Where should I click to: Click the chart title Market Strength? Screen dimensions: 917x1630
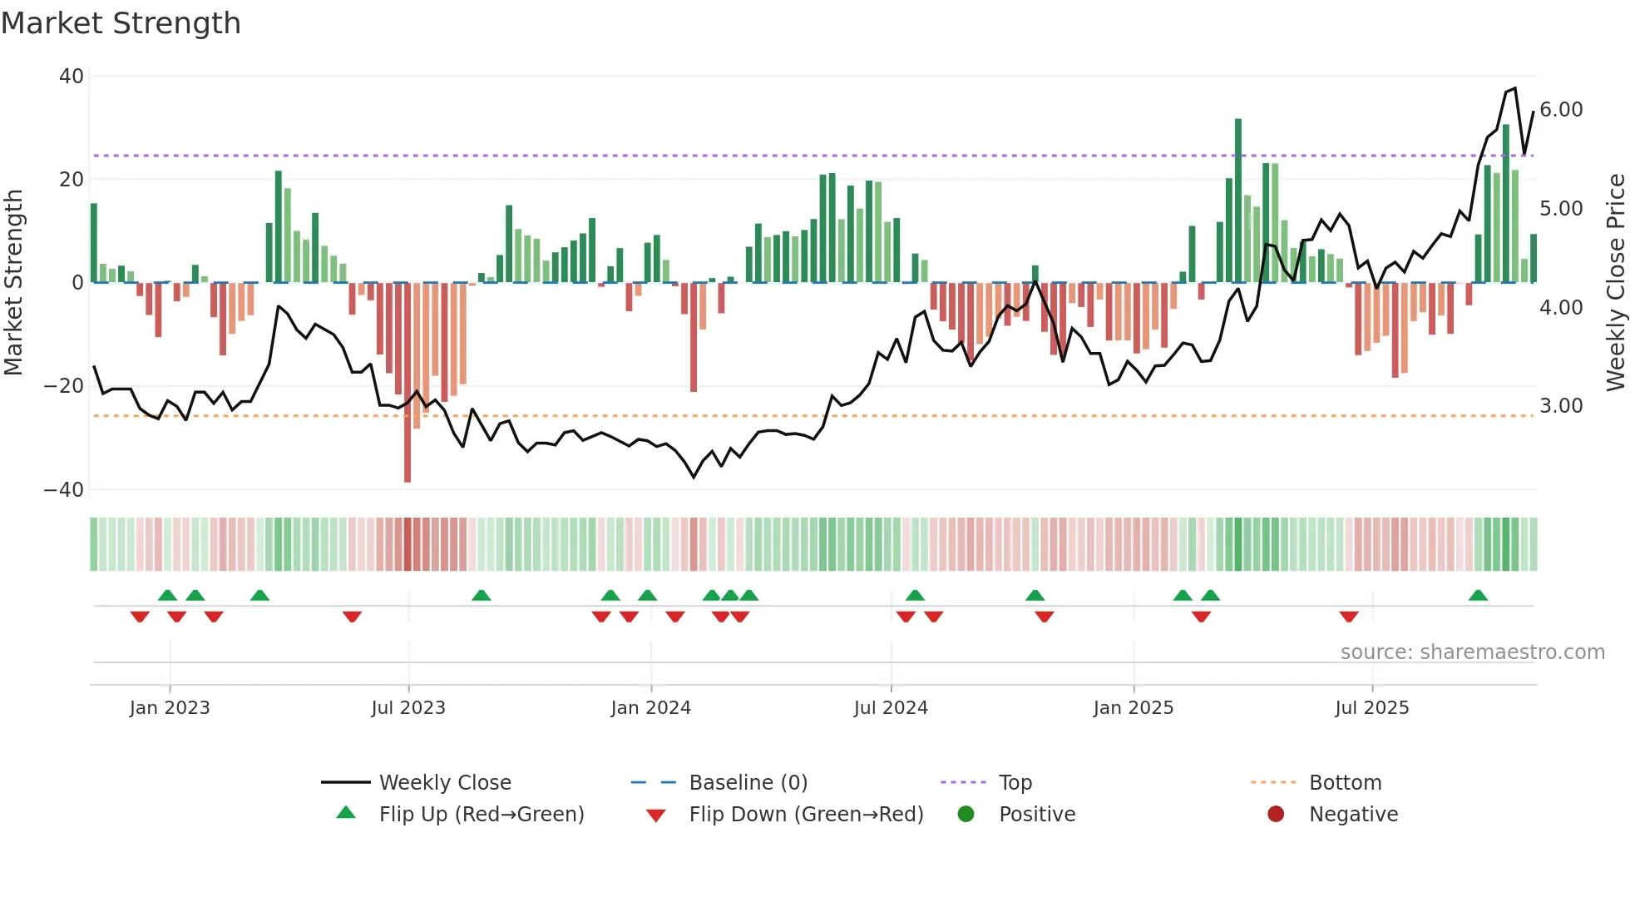tap(121, 23)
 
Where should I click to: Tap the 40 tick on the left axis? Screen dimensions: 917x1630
tap(72, 77)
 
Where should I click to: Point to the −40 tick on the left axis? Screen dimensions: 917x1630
tap(64, 490)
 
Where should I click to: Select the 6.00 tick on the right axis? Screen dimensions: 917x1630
tap(1561, 110)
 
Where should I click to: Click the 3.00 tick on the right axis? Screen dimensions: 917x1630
tap(1561, 406)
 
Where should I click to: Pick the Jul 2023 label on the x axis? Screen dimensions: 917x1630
tap(408, 708)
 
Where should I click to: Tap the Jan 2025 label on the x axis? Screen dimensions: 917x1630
tap(1133, 708)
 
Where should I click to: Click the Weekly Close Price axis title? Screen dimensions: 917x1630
tap(1615, 283)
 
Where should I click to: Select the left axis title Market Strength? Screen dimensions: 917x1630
tap(13, 283)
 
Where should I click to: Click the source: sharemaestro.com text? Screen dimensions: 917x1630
tap(1472, 652)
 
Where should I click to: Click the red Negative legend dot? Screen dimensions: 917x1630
tap(1276, 815)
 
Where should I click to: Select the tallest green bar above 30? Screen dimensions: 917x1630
tap(1238, 200)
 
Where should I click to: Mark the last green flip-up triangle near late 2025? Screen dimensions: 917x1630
tap(1478, 596)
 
